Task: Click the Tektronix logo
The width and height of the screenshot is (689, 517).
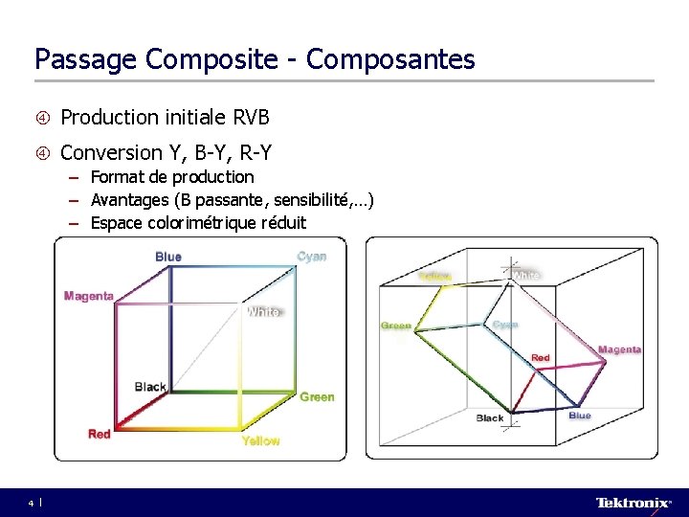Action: tap(633, 503)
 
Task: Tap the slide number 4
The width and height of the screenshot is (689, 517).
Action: tap(31, 503)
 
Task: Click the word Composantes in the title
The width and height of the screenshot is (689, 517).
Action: tap(390, 59)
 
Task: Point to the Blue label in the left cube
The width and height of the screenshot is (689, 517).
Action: tap(168, 257)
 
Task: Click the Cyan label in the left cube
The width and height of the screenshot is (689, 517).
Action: tap(312, 257)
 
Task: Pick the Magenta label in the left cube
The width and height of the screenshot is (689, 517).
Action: tap(89, 296)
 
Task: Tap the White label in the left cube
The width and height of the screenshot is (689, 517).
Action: tap(264, 312)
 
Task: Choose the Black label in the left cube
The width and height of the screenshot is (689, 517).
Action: tap(150, 387)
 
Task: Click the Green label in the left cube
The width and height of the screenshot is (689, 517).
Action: tap(317, 396)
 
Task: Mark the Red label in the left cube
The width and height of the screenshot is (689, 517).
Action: tap(100, 434)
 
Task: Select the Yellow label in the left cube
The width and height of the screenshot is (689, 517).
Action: tap(260, 440)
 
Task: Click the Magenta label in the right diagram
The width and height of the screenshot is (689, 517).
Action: tap(619, 349)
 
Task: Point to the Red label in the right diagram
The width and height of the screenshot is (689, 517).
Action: tap(541, 358)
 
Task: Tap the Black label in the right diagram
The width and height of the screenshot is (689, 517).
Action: tap(490, 418)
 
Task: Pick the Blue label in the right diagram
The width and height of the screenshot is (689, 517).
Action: tap(580, 416)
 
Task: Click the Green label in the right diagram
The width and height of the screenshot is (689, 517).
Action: tap(396, 326)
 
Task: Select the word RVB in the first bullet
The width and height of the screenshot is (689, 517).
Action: tap(252, 118)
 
